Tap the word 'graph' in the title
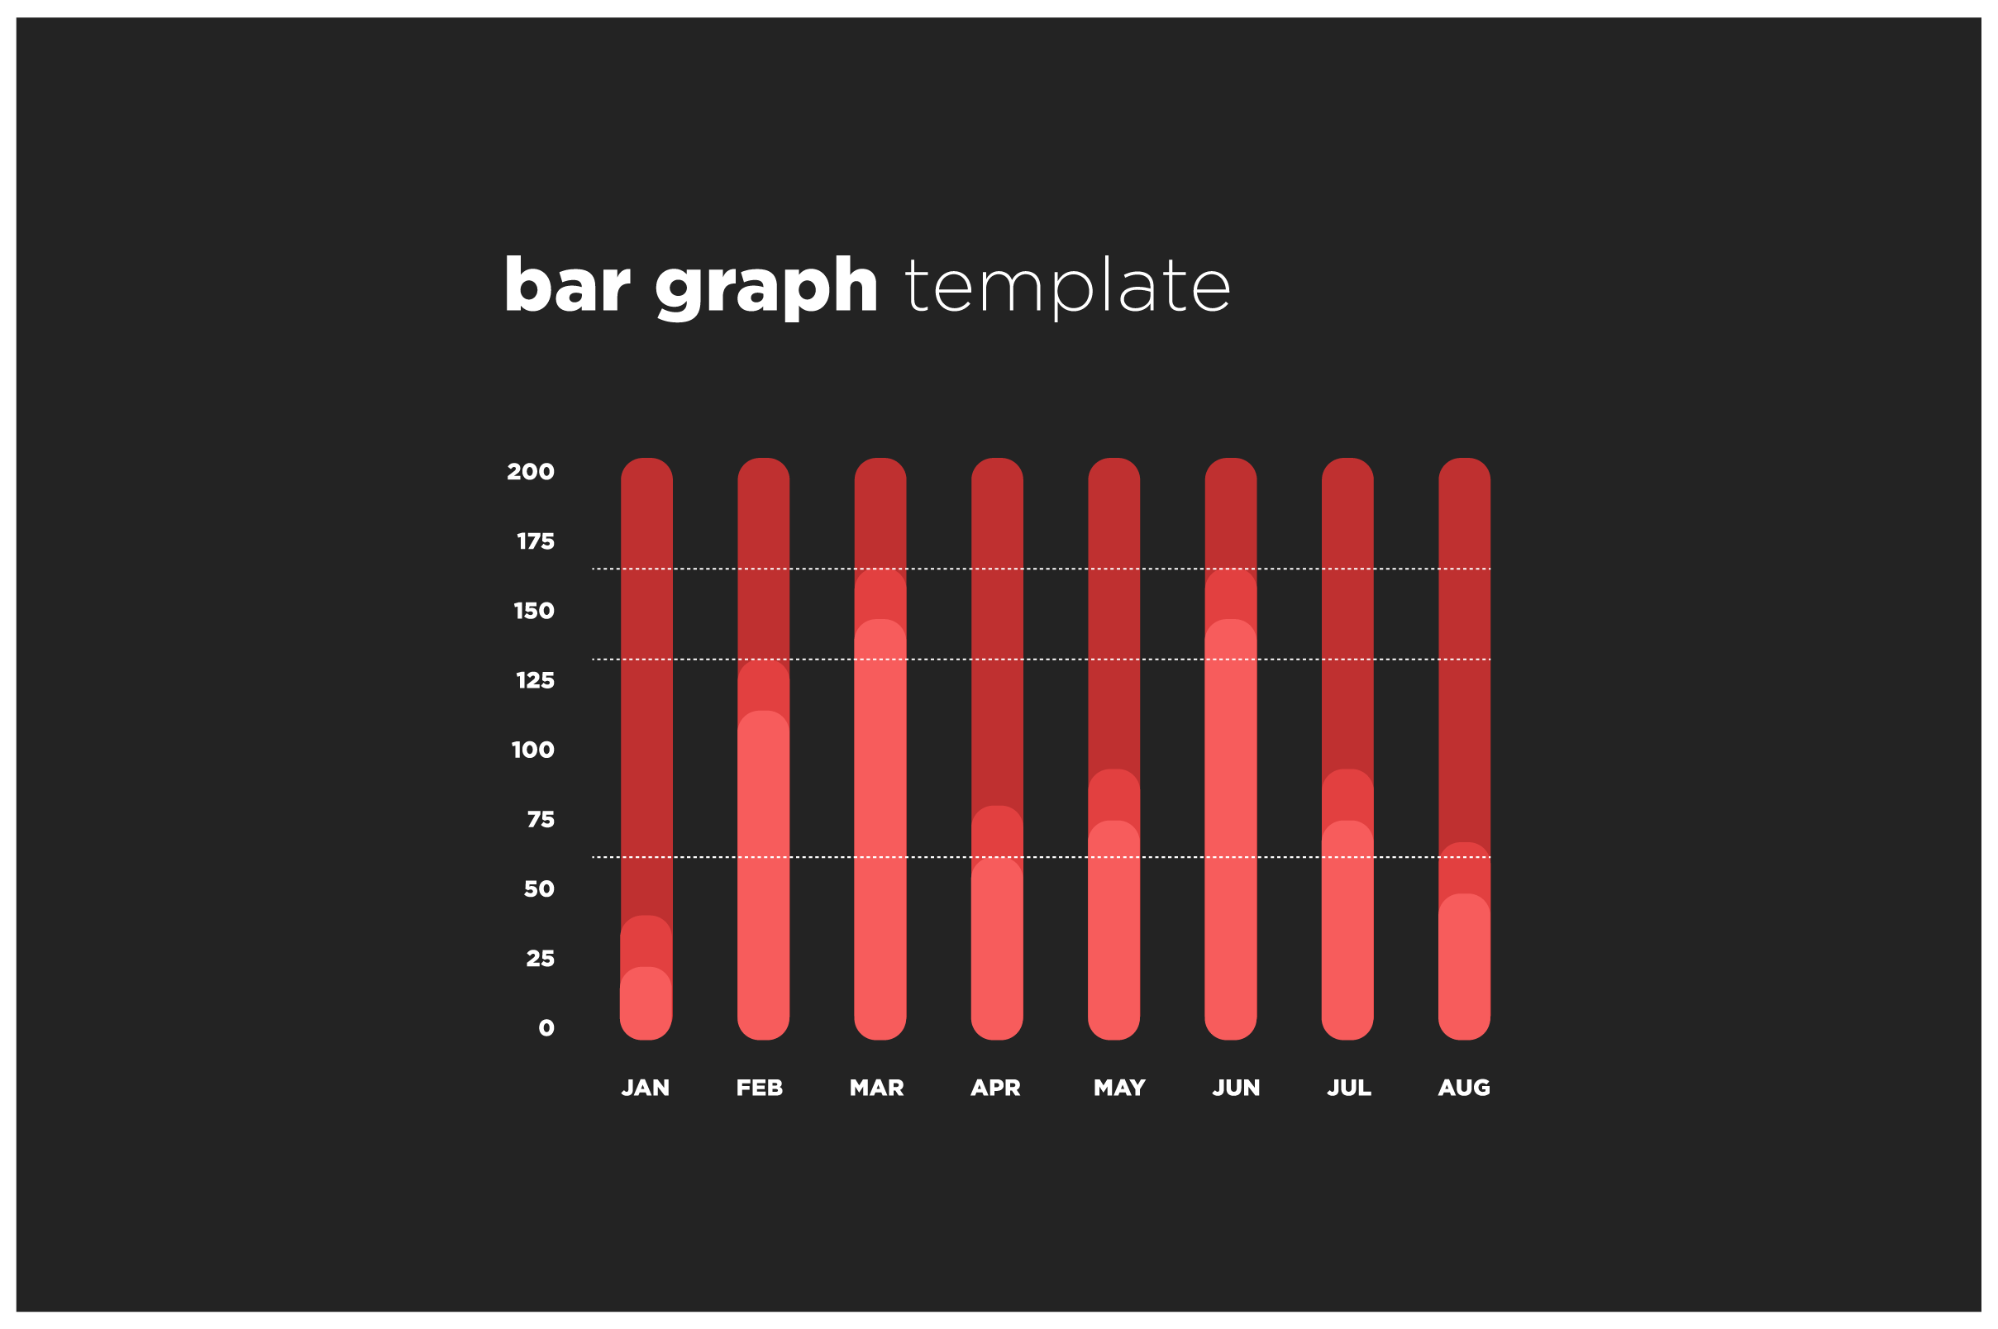(765, 288)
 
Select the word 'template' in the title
(1067, 288)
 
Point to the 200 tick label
(531, 472)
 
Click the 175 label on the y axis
(536, 541)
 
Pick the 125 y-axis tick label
(536, 680)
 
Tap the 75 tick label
(541, 820)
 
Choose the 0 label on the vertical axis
(546, 1028)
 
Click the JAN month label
(646, 1088)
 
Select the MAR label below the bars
(877, 1088)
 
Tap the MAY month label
(1120, 1088)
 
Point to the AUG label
(1464, 1088)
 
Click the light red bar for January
(646, 1003)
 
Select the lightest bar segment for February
(764, 875)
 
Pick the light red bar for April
(997, 950)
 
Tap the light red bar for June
(1231, 830)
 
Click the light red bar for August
(1465, 967)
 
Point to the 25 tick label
(541, 959)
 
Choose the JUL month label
(1350, 1088)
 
